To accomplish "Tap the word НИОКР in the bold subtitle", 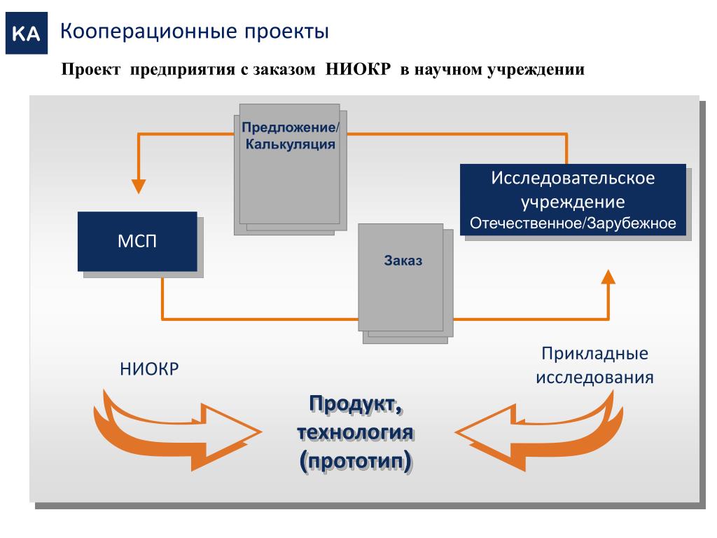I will [357, 71].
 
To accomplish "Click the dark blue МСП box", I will [137, 242].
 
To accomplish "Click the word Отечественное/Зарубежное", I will [573, 224].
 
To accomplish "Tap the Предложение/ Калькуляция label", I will [290, 137].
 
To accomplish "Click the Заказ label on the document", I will [403, 261].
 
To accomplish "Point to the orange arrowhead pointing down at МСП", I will [139, 186].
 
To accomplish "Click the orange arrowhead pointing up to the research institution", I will [608, 277].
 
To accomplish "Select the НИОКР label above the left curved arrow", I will [149, 368].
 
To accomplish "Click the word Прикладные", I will [594, 354].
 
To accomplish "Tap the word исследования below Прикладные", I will [594, 378].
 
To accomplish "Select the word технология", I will [356, 432].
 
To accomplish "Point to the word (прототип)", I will [356, 460].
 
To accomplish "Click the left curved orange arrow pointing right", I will [175, 429].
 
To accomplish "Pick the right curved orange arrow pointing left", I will [539, 429].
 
